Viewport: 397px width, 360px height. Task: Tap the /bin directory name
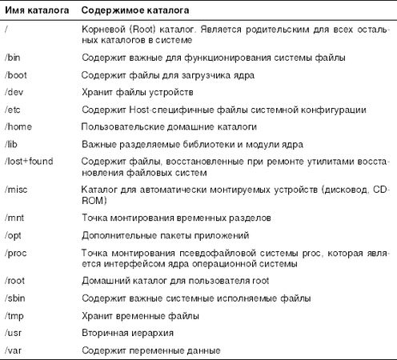[x=14, y=58]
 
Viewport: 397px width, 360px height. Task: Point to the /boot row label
[x=16, y=74]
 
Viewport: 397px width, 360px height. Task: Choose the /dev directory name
[x=14, y=92]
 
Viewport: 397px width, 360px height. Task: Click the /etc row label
[x=14, y=109]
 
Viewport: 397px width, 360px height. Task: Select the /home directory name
[x=18, y=126]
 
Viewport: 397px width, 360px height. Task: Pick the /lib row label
[x=12, y=143]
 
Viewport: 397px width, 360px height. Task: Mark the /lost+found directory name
[x=31, y=161]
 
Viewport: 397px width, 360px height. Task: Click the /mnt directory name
[x=15, y=218]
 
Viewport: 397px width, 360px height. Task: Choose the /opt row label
[x=14, y=235]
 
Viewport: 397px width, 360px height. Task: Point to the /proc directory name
[x=16, y=252]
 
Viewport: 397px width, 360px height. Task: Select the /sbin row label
[x=16, y=298]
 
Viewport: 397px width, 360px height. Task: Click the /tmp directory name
[x=15, y=315]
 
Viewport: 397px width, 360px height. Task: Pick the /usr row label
[x=14, y=333]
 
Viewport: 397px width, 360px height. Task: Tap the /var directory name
[x=14, y=350]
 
